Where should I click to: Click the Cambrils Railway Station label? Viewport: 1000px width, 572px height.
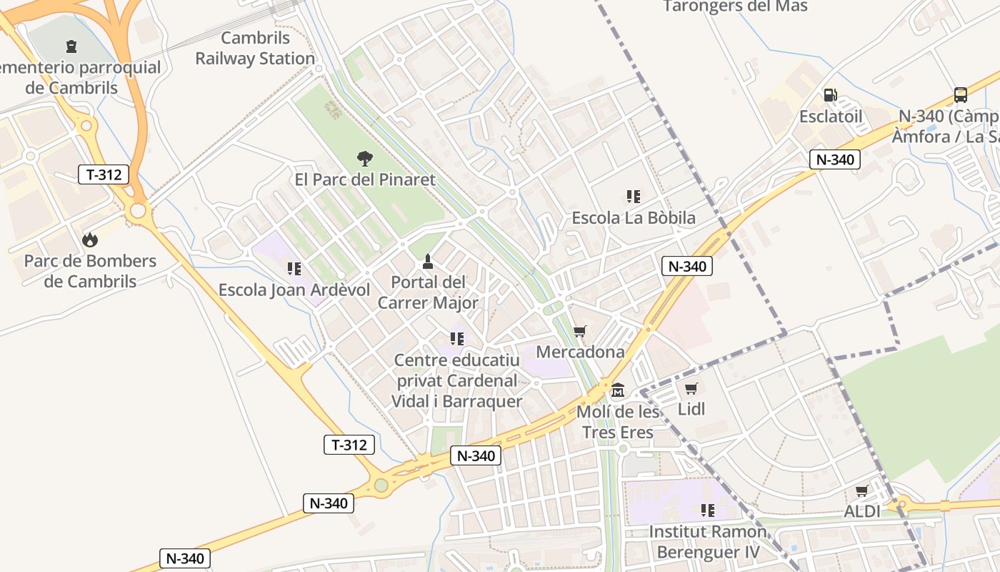255,48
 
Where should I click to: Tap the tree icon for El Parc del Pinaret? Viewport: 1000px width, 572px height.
365,158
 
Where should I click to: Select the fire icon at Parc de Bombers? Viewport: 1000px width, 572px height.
90,240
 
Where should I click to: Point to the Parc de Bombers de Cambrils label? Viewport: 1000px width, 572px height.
90,271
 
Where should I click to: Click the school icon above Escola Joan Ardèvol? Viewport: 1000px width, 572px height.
294,269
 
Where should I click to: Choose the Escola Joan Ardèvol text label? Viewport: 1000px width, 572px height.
294,290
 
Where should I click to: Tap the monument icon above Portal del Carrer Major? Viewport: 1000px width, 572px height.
428,261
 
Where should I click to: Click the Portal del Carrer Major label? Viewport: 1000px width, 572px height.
428,292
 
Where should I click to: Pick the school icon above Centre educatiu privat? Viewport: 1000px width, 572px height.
457,338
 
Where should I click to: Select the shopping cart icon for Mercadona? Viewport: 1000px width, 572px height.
580,331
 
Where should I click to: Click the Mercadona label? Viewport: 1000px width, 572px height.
580,352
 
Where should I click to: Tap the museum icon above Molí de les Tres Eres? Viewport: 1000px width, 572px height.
618,390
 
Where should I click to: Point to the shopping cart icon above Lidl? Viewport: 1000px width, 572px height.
691,388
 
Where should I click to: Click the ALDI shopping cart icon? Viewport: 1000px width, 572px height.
862,491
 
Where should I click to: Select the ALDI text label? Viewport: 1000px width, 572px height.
862,511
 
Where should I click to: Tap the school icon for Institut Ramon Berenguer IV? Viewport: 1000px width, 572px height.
708,511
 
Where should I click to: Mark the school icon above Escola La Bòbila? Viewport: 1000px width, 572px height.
633,196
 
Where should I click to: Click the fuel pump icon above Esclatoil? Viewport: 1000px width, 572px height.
831,95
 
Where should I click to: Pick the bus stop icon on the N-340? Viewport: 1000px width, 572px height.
961,95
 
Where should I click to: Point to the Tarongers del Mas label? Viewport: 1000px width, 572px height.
735,6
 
